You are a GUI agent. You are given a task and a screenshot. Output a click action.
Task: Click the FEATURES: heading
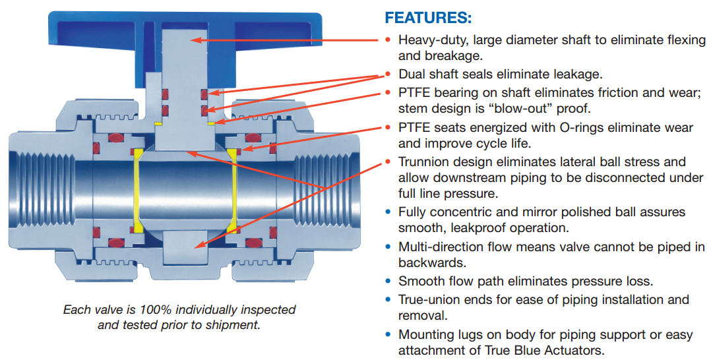[428, 17]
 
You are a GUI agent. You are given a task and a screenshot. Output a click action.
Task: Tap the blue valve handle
[99, 33]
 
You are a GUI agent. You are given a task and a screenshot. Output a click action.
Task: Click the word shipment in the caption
[235, 324]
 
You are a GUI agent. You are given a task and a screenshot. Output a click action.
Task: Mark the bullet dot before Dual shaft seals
[388, 74]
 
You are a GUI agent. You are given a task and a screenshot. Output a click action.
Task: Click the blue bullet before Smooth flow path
[388, 282]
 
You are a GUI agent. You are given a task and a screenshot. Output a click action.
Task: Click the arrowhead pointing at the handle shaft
[196, 40]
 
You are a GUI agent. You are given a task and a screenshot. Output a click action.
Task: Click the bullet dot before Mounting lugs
[388, 335]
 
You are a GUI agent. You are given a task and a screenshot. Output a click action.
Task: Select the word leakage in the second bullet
[579, 75]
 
